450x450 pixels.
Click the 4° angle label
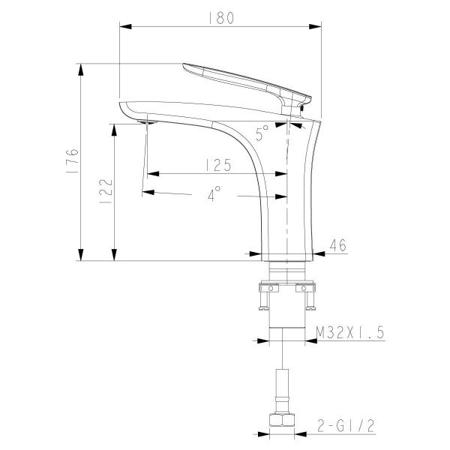pos(215,195)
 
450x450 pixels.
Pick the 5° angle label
pos(262,134)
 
